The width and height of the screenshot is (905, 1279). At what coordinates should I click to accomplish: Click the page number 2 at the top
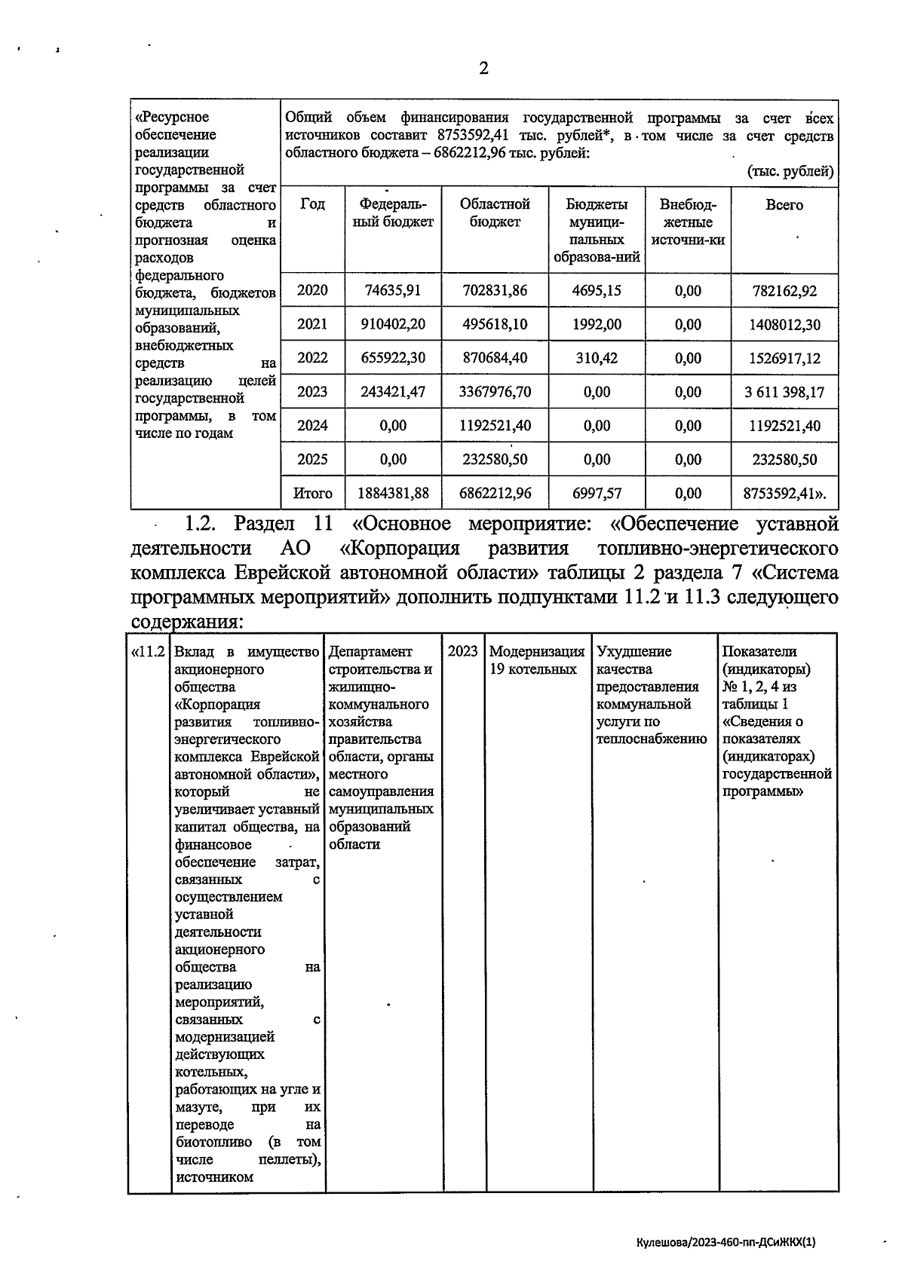point(483,69)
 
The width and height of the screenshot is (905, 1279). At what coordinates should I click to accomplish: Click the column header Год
point(312,205)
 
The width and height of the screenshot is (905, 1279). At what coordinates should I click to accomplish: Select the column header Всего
point(784,205)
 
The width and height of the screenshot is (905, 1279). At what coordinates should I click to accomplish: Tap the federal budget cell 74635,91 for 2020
point(392,291)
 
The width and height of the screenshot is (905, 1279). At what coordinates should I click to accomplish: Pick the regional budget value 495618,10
point(495,325)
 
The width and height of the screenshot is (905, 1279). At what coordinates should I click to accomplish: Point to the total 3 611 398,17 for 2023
point(784,393)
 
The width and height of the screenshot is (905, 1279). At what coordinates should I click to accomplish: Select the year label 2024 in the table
point(312,426)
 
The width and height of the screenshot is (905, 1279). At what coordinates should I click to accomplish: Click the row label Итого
point(312,494)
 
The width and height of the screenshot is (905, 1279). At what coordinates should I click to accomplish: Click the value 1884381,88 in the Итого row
point(392,494)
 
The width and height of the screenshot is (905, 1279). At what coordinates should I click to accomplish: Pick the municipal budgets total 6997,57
point(597,494)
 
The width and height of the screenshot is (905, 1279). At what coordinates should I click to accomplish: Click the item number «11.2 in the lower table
point(149,651)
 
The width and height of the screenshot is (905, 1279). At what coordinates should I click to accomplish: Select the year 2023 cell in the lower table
point(462,651)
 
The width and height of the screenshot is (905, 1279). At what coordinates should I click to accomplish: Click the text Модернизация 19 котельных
point(536,660)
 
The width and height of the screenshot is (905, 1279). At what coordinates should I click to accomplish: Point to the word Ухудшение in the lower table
point(633,651)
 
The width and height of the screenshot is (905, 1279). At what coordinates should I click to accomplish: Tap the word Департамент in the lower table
point(370,651)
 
